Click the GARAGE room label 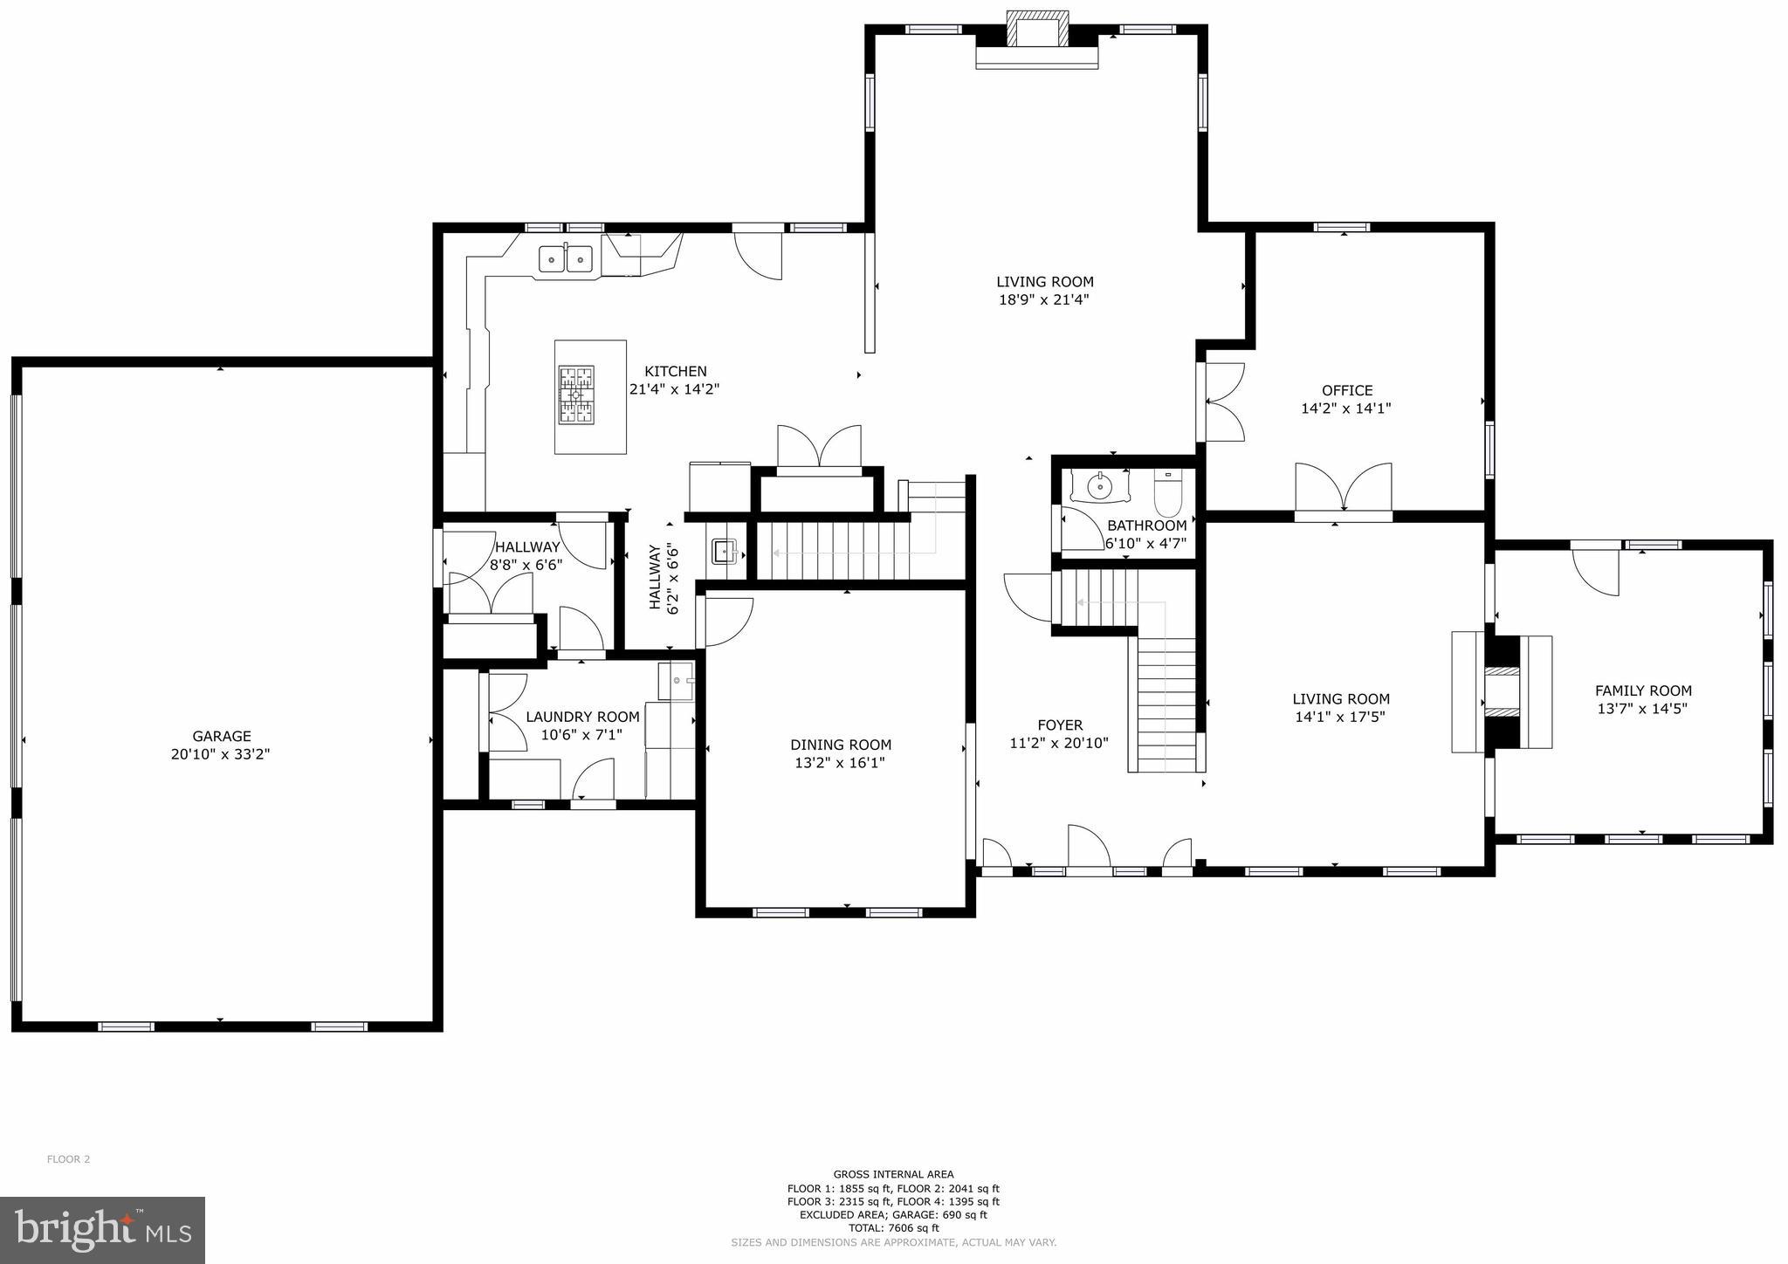click(222, 736)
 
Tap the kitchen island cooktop click(576, 395)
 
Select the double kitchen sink click(566, 259)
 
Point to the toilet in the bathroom click(1167, 495)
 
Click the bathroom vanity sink click(1101, 484)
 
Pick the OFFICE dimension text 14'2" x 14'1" click(1345, 408)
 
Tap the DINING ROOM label click(841, 745)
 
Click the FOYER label click(1060, 725)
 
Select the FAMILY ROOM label click(1643, 690)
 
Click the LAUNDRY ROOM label click(582, 717)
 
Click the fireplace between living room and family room click(1502, 692)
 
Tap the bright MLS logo click(103, 1230)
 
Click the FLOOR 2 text click(68, 1159)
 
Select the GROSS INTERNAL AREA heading click(893, 1174)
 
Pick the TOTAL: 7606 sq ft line click(893, 1227)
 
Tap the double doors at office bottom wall click(1343, 491)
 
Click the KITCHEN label click(675, 371)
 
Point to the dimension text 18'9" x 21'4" click(1044, 299)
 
